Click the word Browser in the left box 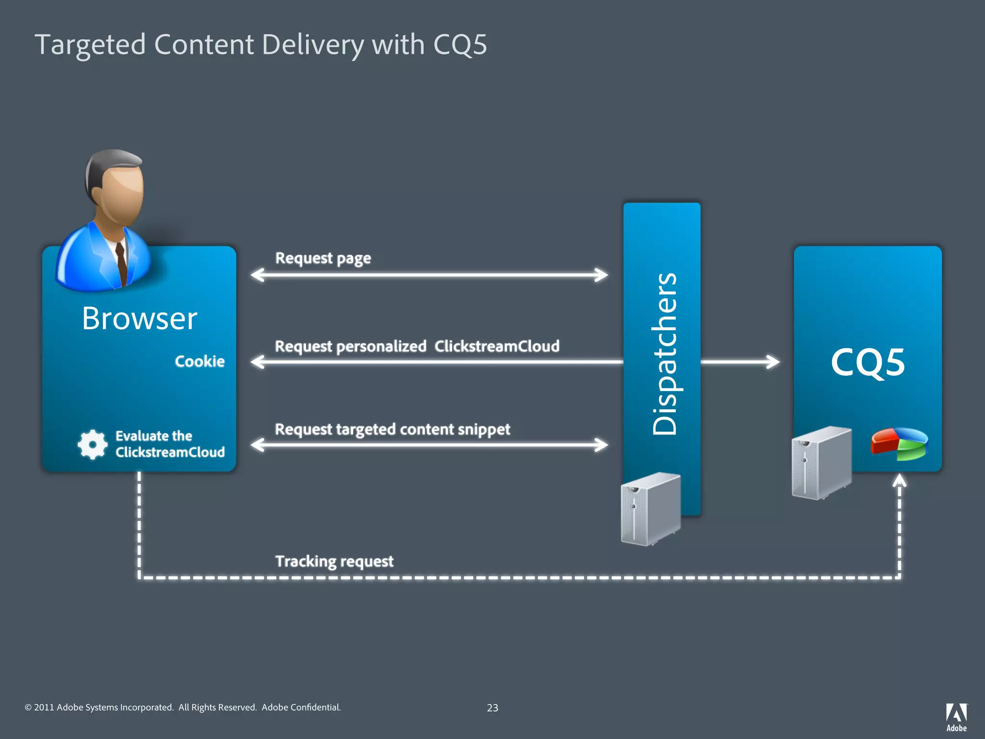pos(139,319)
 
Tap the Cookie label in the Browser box pos(200,361)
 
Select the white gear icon pos(92,444)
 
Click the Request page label pos(323,258)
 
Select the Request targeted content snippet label pos(392,429)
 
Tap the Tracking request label pos(334,561)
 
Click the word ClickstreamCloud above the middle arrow pos(497,346)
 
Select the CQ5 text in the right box pos(868,362)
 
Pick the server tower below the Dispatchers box pos(650,509)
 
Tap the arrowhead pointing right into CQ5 pos(773,362)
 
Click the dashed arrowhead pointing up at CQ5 pos(899,480)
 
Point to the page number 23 pos(492,708)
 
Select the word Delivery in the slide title pos(313,45)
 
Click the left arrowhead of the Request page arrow pos(258,275)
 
